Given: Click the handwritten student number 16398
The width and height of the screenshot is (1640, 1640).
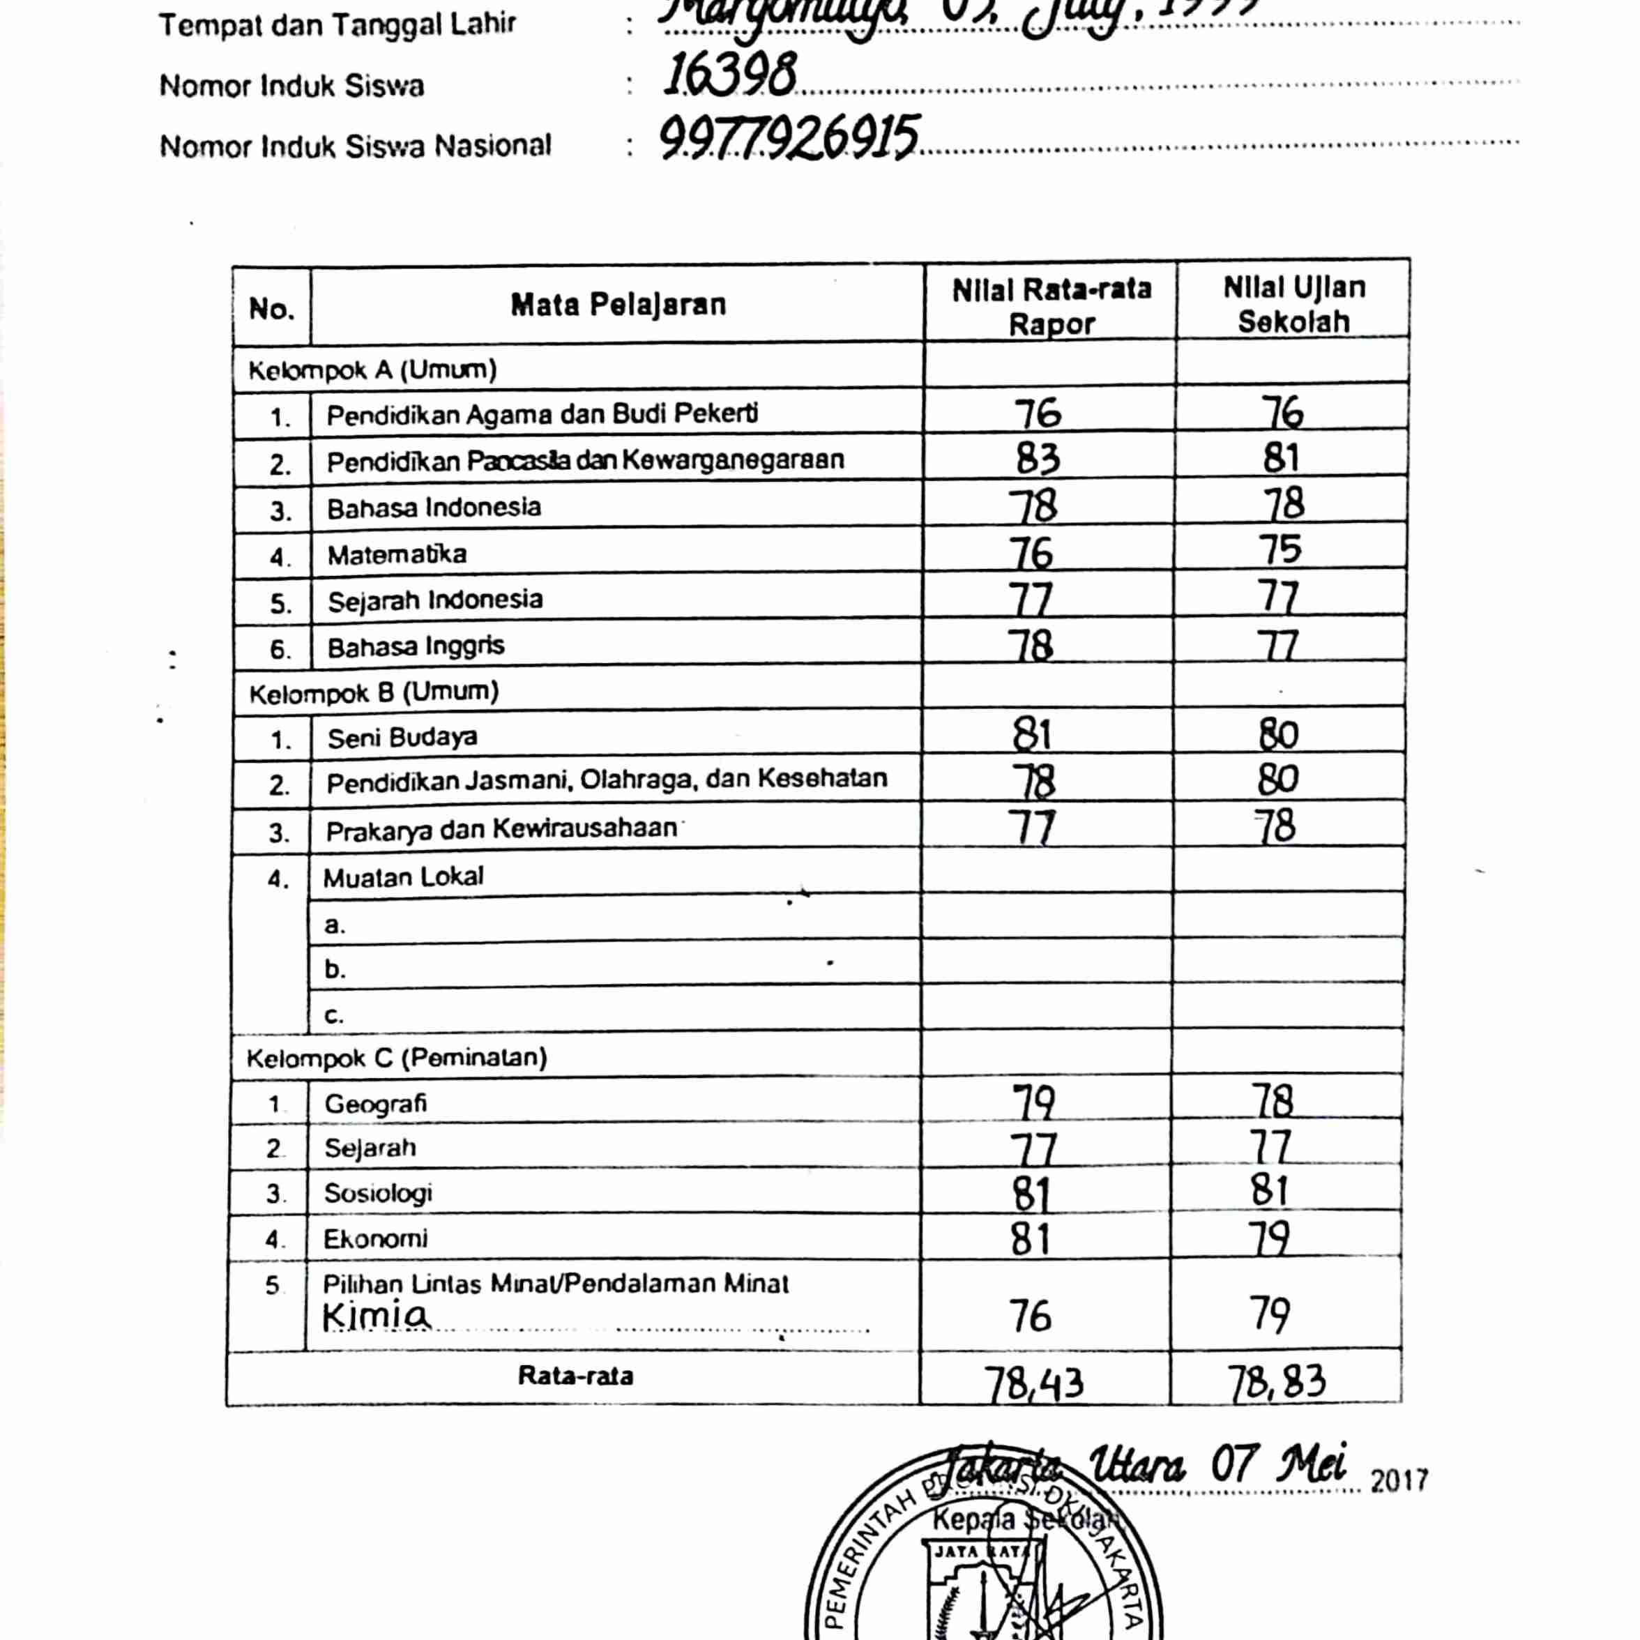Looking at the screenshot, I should (729, 74).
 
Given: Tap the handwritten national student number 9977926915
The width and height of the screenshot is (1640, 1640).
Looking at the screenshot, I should (789, 137).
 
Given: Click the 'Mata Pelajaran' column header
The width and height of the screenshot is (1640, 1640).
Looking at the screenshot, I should (618, 305).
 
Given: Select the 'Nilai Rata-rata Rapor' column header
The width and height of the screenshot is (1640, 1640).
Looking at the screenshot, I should (1051, 306).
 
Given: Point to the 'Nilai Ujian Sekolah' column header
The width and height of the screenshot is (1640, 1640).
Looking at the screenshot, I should (1293, 304).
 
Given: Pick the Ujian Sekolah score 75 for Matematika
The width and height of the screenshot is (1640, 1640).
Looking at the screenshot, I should (1280, 549).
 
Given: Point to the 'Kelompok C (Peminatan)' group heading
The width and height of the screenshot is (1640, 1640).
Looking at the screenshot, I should (397, 1058).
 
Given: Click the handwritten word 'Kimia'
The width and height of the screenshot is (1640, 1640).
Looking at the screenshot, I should (376, 1316).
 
